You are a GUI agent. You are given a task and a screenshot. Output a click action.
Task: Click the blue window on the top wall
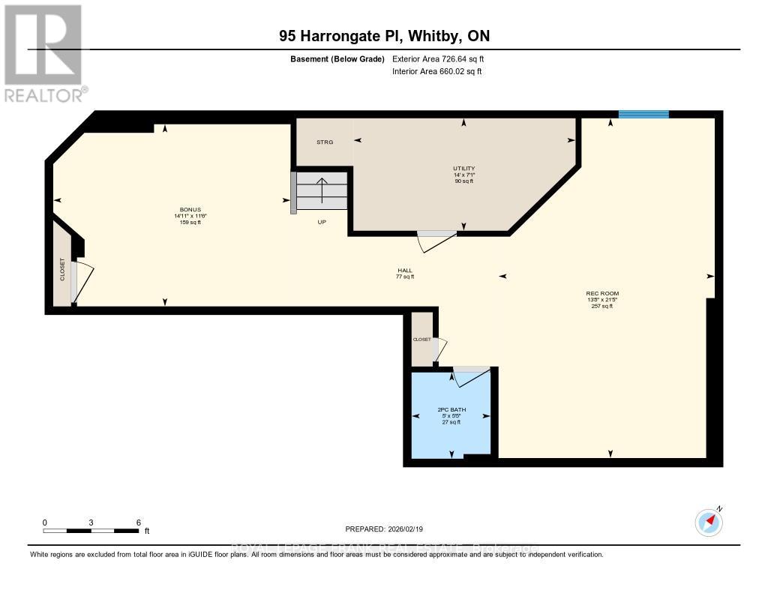click(x=643, y=114)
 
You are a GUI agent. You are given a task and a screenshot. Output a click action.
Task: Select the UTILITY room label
click(x=464, y=169)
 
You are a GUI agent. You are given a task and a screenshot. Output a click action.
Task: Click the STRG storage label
click(x=324, y=142)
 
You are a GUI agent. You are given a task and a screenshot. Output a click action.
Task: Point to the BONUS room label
click(x=190, y=210)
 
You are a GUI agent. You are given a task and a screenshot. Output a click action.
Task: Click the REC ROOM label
click(x=602, y=293)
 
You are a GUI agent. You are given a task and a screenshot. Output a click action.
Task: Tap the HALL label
click(x=405, y=271)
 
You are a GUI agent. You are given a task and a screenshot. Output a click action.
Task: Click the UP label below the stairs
click(x=322, y=223)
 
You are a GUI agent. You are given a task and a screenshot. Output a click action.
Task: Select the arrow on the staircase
click(x=322, y=190)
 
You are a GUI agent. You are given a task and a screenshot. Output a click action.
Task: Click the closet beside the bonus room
click(x=62, y=269)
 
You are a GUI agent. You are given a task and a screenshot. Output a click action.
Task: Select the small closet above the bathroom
click(x=421, y=340)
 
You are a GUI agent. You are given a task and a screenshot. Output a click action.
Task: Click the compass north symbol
click(x=708, y=521)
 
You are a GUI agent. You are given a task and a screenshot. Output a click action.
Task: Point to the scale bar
click(x=91, y=530)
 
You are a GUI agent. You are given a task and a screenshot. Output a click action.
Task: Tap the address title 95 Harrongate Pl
click(x=383, y=36)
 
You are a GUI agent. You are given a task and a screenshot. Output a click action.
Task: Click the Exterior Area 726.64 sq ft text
click(x=443, y=58)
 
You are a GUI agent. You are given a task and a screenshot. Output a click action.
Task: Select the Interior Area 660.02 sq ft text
click(x=436, y=72)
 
